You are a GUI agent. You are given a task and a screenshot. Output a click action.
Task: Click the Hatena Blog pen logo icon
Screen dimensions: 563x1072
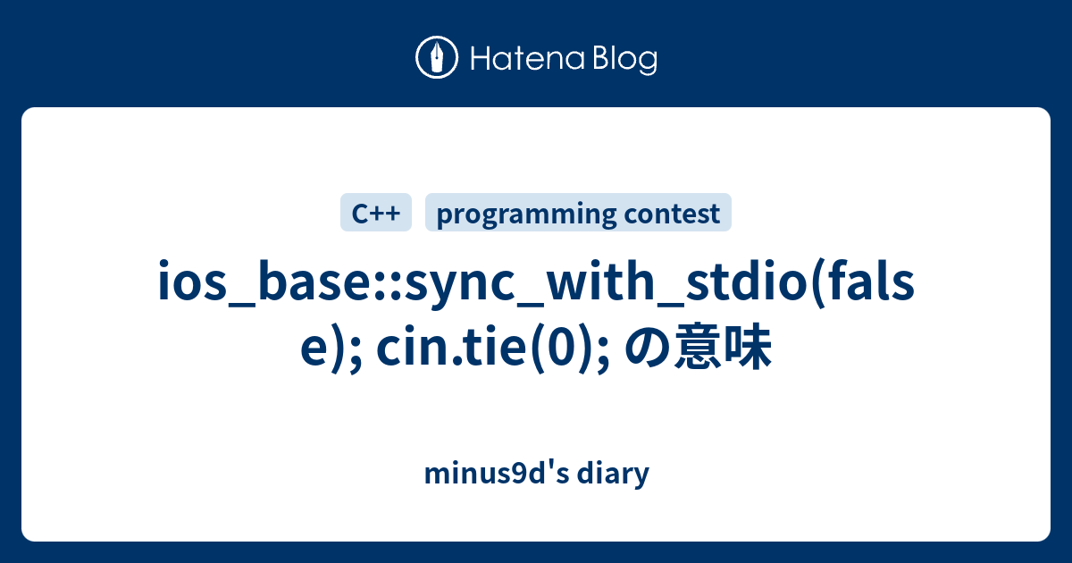coord(437,59)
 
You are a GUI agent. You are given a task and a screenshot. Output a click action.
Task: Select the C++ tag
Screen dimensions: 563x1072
coord(375,214)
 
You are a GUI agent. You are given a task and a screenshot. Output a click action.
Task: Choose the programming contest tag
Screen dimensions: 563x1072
coord(578,214)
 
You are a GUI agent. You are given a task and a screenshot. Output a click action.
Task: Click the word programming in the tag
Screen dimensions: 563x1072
coord(526,214)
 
